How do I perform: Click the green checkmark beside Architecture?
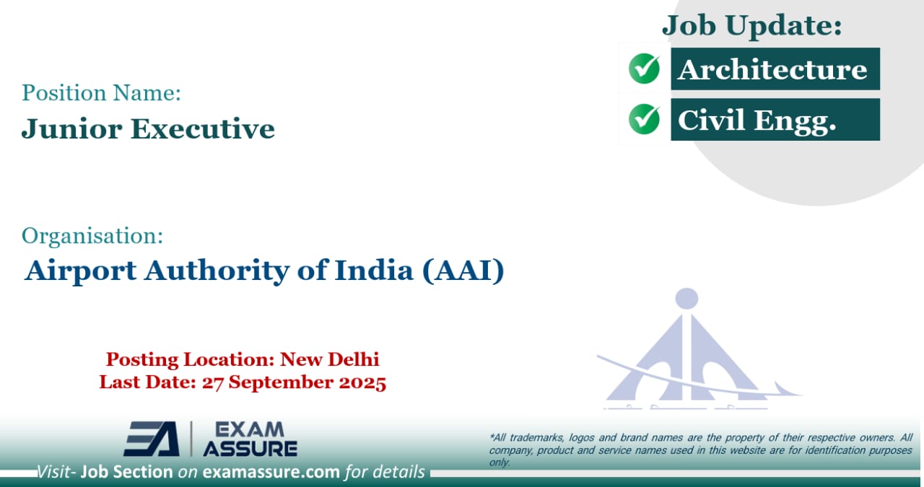click(644, 69)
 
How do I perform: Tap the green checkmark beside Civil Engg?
click(644, 119)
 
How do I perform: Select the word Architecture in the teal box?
click(772, 69)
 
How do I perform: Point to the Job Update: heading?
click(752, 26)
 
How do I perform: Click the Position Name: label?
click(101, 92)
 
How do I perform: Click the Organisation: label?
click(92, 235)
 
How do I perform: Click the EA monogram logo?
click(152, 439)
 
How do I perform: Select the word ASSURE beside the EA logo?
click(250, 448)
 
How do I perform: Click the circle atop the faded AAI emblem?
click(687, 298)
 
